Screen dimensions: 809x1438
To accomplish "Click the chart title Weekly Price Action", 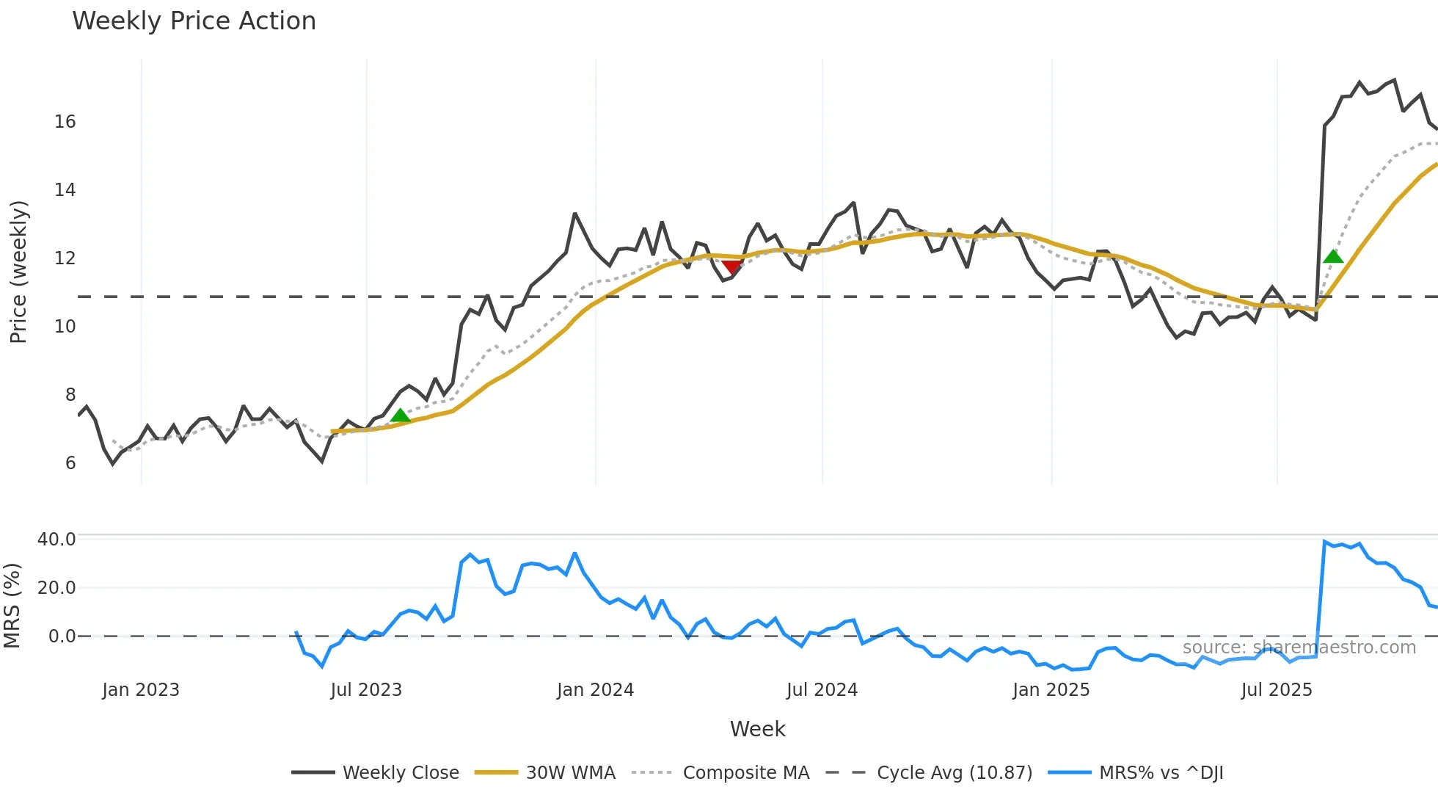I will [x=194, y=21].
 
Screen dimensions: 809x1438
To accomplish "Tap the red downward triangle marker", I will [x=731, y=266].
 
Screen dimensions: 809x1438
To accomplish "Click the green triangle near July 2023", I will [x=400, y=416].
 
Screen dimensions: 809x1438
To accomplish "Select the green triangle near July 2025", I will [x=1333, y=256].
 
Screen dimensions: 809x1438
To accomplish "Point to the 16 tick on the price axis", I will [x=65, y=122].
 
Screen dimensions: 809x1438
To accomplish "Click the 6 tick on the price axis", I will [x=70, y=463].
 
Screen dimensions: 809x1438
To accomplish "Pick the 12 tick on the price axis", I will [x=65, y=258].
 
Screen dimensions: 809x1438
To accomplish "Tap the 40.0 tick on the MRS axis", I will [x=56, y=540].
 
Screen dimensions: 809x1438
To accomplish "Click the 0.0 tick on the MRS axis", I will [x=62, y=636].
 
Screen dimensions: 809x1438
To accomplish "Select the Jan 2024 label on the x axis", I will [x=595, y=690].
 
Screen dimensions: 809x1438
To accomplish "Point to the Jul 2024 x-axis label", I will [x=822, y=690].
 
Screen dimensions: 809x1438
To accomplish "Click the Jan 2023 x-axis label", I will [x=141, y=690].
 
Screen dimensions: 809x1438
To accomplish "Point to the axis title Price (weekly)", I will [x=18, y=272].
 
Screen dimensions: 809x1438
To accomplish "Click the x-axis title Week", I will [x=757, y=729].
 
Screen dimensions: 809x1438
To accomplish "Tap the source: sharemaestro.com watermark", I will [x=1299, y=647].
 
